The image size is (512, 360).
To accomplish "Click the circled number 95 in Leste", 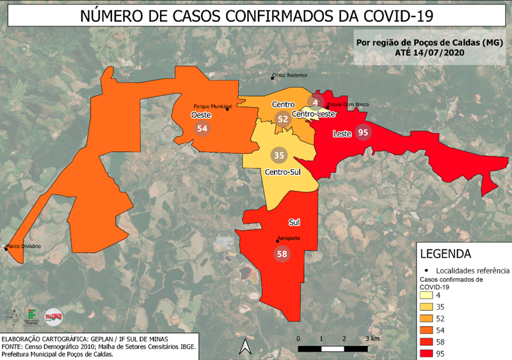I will [x=364, y=133].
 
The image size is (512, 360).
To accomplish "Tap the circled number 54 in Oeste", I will [x=203, y=129].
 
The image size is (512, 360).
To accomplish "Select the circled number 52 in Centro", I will [x=282, y=118].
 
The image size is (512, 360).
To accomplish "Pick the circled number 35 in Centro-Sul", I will [x=279, y=155].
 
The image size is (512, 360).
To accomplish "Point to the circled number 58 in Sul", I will [x=281, y=254].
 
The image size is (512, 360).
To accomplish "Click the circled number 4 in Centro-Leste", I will [x=316, y=102].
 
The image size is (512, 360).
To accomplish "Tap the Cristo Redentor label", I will [x=291, y=75].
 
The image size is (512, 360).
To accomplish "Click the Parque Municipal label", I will [x=212, y=107].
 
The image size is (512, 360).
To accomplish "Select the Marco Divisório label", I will [x=24, y=246].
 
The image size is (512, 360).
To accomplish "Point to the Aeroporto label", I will [x=289, y=238].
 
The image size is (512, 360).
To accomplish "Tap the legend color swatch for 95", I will [x=428, y=353].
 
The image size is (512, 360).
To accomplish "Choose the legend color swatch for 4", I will [x=428, y=295].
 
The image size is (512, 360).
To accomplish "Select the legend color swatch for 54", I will [x=428, y=330].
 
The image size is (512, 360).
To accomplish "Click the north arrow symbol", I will [x=244, y=347].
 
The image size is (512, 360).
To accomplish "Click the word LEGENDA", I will [x=445, y=254].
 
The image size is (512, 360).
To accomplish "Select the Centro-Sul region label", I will [x=283, y=172].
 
